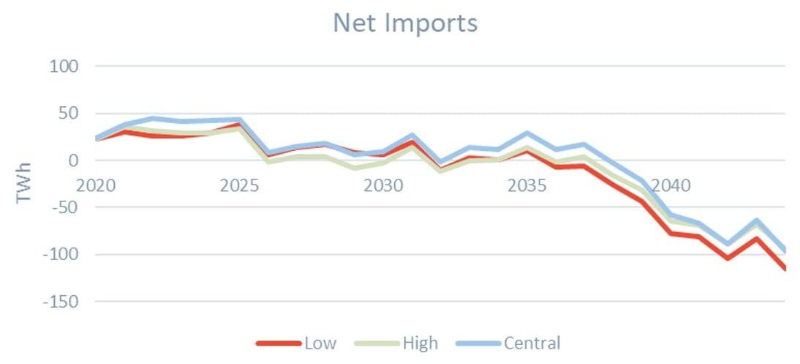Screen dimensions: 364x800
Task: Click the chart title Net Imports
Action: (405, 23)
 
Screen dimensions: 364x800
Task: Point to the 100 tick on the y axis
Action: (64, 67)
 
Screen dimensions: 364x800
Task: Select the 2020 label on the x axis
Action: (96, 185)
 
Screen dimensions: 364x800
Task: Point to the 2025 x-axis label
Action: (239, 185)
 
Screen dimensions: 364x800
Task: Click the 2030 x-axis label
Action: (383, 185)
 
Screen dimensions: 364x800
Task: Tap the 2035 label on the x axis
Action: (527, 185)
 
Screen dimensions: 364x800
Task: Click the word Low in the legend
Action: (320, 343)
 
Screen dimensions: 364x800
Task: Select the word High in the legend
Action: (420, 343)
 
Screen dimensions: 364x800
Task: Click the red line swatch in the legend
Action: (278, 343)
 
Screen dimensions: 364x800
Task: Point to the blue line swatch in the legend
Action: (478, 343)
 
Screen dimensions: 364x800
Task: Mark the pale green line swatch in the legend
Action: (377, 343)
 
